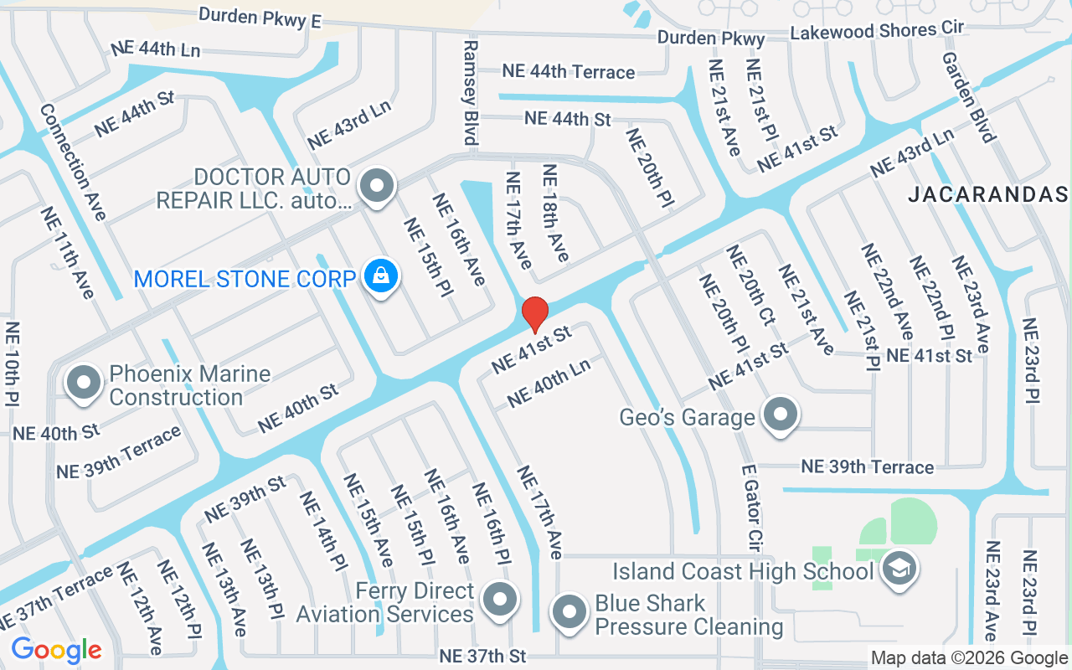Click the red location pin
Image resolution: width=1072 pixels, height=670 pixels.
pyautogui.click(x=534, y=314)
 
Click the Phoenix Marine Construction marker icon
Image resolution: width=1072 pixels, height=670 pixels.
pyautogui.click(x=84, y=383)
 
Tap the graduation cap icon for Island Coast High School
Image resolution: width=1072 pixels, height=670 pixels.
pyautogui.click(x=899, y=569)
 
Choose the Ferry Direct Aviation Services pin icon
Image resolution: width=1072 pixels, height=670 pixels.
pyautogui.click(x=501, y=600)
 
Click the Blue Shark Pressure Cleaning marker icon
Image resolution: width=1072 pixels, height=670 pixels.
pyautogui.click(x=569, y=612)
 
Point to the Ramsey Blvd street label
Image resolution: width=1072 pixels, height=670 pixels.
pyautogui.click(x=470, y=92)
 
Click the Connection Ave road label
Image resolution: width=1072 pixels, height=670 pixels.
pyautogui.click(x=73, y=162)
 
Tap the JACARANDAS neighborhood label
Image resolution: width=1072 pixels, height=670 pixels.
pyautogui.click(x=988, y=194)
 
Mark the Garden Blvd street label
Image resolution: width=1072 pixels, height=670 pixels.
pyautogui.click(x=969, y=97)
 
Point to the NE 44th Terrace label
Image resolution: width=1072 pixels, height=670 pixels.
pyautogui.click(x=568, y=71)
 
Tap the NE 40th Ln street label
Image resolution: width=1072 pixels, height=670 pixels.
pyautogui.click(x=549, y=382)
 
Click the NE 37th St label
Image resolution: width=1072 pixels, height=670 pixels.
pyautogui.click(x=482, y=655)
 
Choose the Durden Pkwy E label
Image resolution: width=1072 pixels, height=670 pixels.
pyautogui.click(x=260, y=16)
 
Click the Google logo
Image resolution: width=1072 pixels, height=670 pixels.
pyautogui.click(x=56, y=650)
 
